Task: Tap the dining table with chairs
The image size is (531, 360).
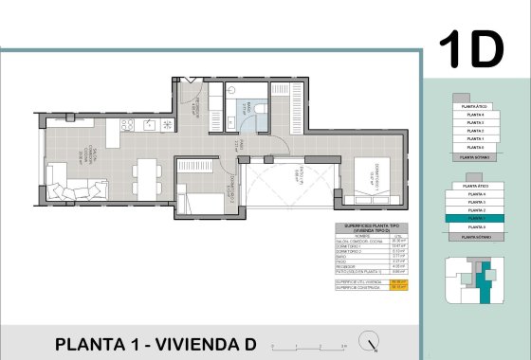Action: coord(145,175)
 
